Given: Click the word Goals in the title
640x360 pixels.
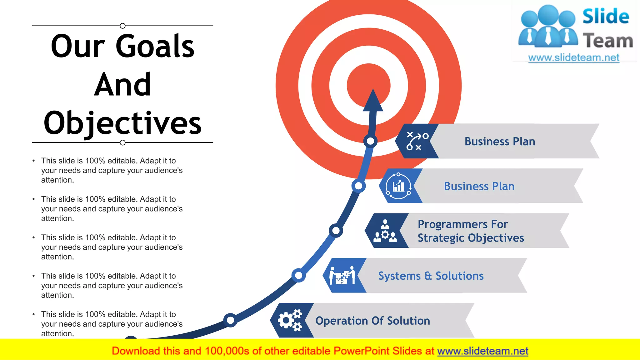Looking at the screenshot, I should [x=155, y=46].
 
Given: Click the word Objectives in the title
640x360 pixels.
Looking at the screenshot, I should [x=122, y=123].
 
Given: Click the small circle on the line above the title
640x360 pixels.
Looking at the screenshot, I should [x=122, y=26].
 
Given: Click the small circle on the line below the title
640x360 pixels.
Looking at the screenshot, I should [x=122, y=142].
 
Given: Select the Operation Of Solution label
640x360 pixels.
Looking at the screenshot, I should [x=372, y=321].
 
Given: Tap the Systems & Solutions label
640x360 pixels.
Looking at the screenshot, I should [x=431, y=276].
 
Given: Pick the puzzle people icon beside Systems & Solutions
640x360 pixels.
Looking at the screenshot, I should [x=342, y=275].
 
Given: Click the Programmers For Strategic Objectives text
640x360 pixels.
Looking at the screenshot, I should [x=471, y=231].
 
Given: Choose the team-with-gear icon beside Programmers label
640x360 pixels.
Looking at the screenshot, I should [x=385, y=231].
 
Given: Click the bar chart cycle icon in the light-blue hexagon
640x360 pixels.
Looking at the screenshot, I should [x=398, y=186].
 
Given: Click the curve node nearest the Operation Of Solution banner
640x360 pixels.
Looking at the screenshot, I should [x=230, y=320].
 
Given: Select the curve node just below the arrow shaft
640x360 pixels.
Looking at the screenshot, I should [x=370, y=141].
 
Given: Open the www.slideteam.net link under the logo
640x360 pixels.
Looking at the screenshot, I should [x=574, y=57].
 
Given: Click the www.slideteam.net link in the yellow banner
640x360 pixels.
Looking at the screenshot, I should [x=482, y=351].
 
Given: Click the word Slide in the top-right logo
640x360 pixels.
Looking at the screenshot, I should [x=605, y=16].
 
